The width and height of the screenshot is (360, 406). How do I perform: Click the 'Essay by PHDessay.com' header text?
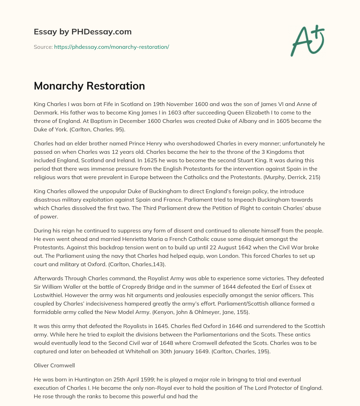(83, 32)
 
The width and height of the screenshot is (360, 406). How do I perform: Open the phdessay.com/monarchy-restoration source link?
(111, 47)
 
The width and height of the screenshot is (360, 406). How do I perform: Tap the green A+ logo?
(307, 41)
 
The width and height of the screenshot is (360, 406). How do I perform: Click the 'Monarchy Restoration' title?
(89, 86)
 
